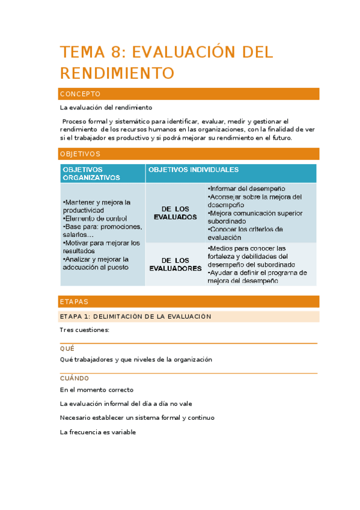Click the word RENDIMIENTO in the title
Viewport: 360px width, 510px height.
click(117, 73)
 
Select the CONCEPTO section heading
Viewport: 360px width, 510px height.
click(79, 94)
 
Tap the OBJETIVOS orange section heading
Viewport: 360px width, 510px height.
click(80, 154)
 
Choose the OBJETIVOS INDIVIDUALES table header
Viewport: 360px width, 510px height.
click(194, 170)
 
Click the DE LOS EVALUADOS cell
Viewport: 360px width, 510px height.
click(175, 212)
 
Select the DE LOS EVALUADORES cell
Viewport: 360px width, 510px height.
click(175, 264)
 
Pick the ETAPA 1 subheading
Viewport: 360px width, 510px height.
click(135, 316)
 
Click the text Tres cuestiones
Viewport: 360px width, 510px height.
click(84, 330)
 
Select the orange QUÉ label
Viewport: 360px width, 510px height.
click(67, 348)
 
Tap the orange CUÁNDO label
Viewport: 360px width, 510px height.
click(75, 378)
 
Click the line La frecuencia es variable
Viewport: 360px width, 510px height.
click(98, 432)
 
